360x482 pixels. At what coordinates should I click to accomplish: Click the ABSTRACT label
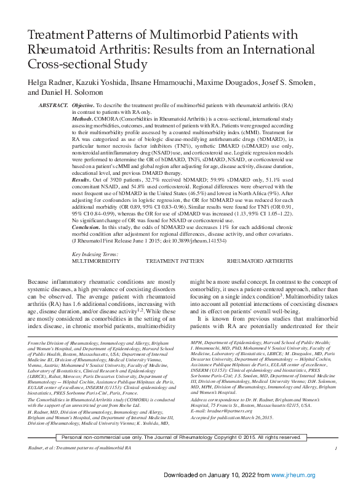pyautogui.click(x=53, y=106)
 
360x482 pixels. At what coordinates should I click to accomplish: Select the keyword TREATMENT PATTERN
pyautogui.click(x=175, y=279)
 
